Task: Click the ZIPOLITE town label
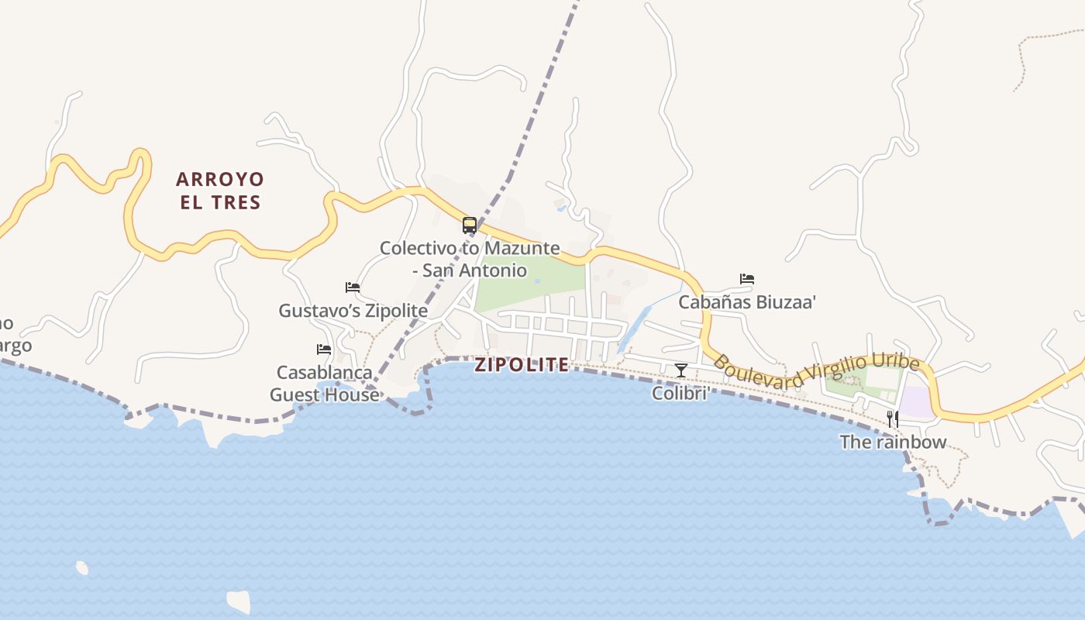pos(522,365)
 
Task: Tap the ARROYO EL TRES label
pos(219,191)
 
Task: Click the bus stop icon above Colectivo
pos(470,226)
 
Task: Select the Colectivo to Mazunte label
pos(469,249)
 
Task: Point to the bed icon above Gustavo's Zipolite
pos(353,288)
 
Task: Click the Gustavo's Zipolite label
pos(353,311)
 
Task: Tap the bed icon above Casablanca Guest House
pos(324,350)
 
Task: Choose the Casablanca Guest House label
pos(325,384)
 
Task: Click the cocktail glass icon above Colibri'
pos(680,370)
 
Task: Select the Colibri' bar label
pos(680,394)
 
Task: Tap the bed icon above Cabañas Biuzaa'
pos(747,279)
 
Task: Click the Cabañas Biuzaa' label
pos(747,302)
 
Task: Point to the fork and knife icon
pos(893,419)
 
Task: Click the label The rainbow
pos(893,443)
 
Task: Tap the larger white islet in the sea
pos(239,601)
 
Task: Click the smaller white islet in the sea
pos(82,568)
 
